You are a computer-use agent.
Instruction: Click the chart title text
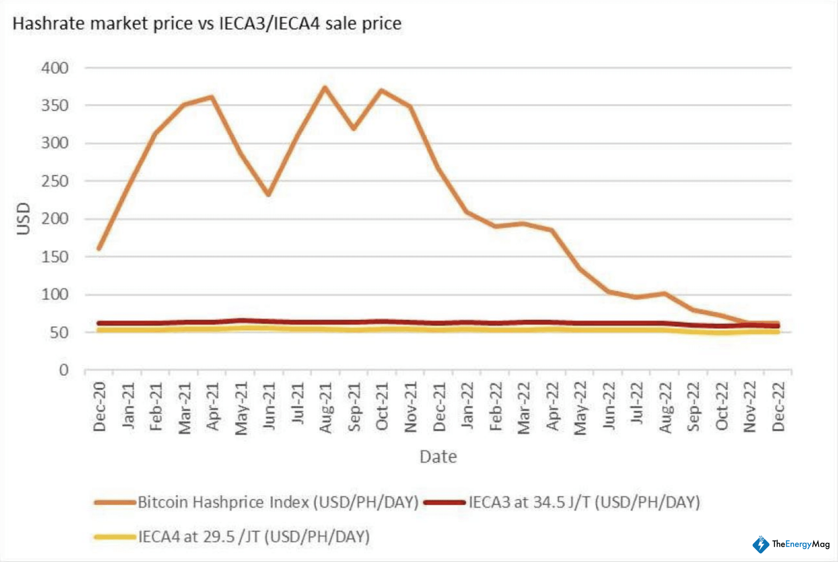tap(207, 23)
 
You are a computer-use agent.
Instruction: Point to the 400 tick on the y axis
tap(55, 68)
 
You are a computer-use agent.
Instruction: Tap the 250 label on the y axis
tap(55, 181)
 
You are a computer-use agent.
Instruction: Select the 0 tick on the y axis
tap(64, 370)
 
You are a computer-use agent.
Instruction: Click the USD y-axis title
tap(24, 219)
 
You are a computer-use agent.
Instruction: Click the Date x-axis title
tap(438, 457)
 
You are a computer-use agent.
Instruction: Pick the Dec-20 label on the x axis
tap(99, 407)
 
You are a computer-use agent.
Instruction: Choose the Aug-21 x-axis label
tap(325, 408)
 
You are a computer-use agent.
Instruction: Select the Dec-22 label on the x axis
tap(778, 407)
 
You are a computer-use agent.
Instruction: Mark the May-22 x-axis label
tap(580, 408)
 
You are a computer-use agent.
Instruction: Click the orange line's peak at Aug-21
tap(325, 88)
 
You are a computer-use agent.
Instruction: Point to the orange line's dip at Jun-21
tap(269, 194)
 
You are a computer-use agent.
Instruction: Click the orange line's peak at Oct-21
tap(381, 91)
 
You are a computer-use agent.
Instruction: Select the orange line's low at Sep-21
tap(354, 128)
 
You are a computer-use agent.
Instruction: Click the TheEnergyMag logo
tap(791, 544)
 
